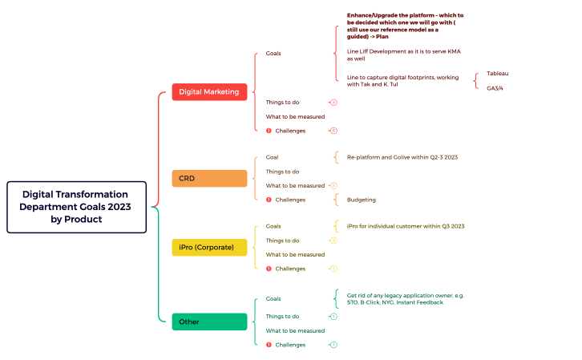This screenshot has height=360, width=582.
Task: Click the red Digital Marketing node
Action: tap(209, 91)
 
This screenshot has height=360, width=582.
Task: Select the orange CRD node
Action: tap(209, 178)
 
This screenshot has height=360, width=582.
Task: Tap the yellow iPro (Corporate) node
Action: tap(209, 248)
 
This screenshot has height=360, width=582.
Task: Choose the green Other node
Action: tap(209, 322)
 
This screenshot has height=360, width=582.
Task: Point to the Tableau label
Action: tap(497, 73)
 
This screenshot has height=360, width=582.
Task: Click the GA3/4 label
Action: tap(495, 88)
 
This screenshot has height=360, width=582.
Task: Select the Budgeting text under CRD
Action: tap(361, 200)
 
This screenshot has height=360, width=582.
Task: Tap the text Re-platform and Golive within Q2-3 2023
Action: tap(402, 157)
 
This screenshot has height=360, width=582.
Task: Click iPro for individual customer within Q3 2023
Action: tap(405, 226)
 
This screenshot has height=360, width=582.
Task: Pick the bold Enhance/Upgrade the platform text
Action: tap(405, 26)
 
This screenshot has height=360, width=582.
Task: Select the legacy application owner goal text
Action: tap(405, 299)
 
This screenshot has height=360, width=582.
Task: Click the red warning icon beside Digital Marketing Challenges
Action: tap(269, 131)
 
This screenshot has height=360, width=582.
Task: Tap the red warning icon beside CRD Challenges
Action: tap(269, 200)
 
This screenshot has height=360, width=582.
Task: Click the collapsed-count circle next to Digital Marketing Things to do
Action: tap(333, 103)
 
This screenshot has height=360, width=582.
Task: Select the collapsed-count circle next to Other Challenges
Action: tap(333, 345)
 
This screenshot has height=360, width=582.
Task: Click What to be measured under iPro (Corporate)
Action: tap(295, 255)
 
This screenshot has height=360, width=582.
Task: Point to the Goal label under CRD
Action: tap(273, 157)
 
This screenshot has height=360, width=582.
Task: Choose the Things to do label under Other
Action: tap(282, 317)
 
